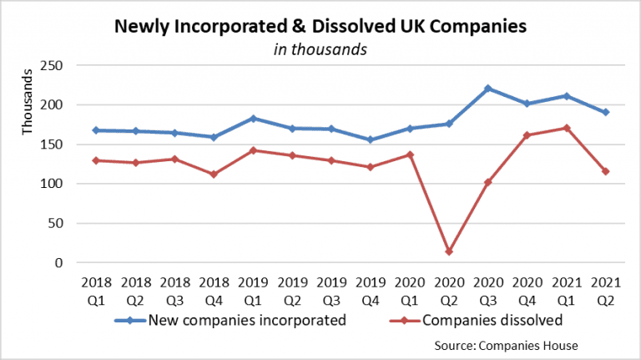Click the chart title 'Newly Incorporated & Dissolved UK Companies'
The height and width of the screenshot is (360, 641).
(x=320, y=26)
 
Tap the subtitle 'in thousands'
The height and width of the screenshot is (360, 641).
(x=320, y=49)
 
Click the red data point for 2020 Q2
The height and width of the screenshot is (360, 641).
(x=449, y=251)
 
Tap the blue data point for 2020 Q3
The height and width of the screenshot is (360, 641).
(x=487, y=89)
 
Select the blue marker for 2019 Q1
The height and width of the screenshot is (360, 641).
(x=254, y=119)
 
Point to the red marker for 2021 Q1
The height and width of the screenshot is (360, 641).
(x=567, y=128)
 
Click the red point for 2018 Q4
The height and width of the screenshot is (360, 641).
(x=214, y=175)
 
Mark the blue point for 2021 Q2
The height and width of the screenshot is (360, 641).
(x=606, y=112)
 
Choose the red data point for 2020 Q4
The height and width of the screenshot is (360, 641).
(x=527, y=134)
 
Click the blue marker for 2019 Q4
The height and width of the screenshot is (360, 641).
(x=371, y=139)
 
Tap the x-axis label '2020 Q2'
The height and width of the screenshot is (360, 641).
(x=449, y=288)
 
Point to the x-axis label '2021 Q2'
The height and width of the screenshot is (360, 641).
(x=606, y=288)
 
